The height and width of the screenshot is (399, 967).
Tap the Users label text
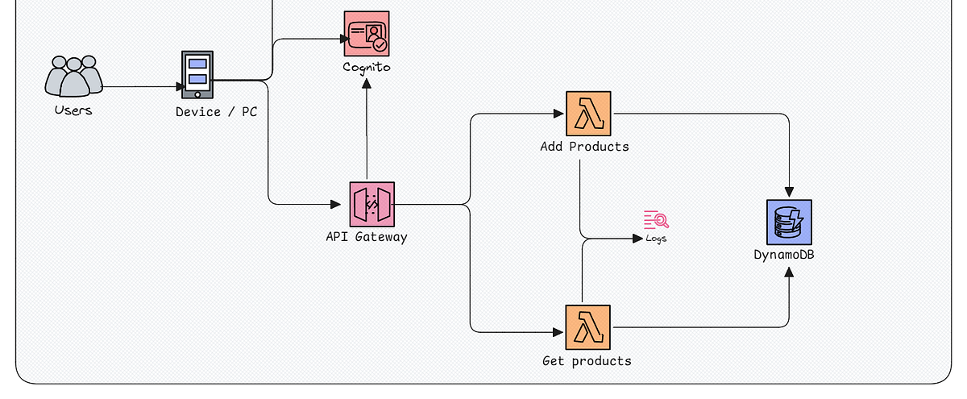(x=73, y=110)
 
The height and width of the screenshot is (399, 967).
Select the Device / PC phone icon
(x=197, y=74)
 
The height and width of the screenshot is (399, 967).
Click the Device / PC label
(x=216, y=112)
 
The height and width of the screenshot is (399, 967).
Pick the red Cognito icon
(x=367, y=33)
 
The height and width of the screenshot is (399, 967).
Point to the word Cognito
(x=367, y=67)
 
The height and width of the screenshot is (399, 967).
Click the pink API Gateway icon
(x=371, y=204)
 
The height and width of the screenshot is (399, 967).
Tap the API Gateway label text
(x=367, y=237)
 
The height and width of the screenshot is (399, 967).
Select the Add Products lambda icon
(x=588, y=114)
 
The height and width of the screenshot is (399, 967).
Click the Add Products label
(x=584, y=147)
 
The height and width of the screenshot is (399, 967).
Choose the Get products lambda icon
(x=588, y=327)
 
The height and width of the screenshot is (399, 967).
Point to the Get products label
(x=587, y=361)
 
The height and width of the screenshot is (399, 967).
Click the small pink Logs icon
(x=656, y=219)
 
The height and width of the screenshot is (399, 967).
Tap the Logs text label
(x=656, y=239)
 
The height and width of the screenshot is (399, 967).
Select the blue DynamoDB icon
(x=789, y=222)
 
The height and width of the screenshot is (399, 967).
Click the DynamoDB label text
(x=789, y=256)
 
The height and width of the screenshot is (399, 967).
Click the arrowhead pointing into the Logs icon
(x=637, y=239)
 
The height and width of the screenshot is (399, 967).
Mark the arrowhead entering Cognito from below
(x=367, y=83)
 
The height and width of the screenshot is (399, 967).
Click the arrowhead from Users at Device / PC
(x=180, y=86)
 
